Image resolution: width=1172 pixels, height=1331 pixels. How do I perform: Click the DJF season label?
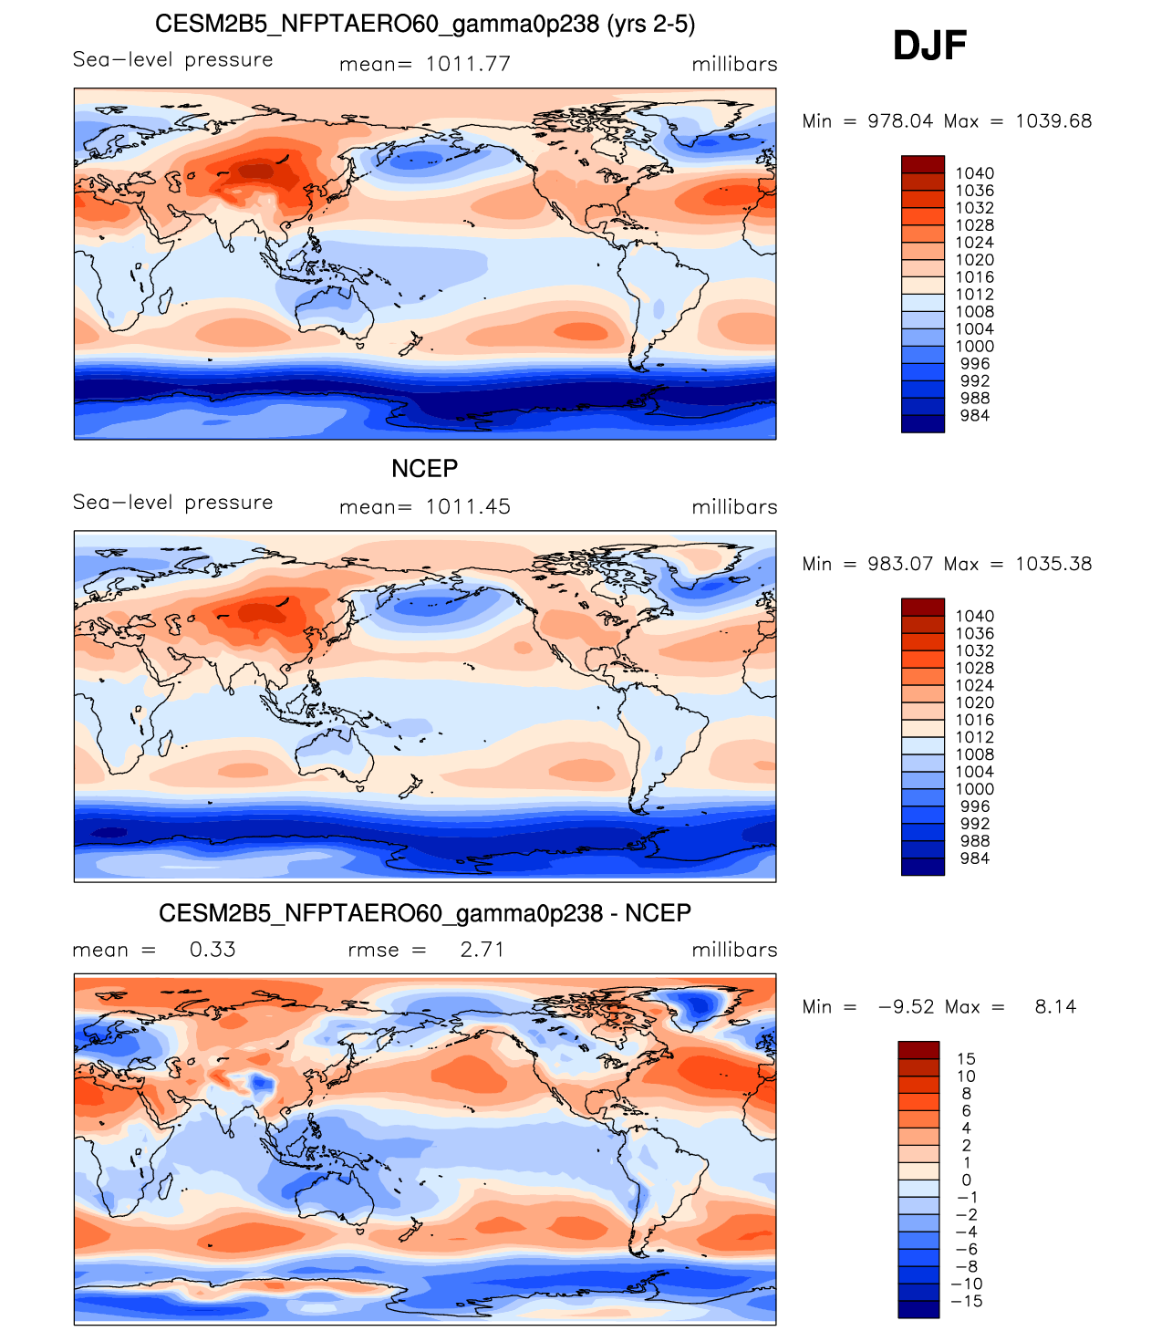coord(929,46)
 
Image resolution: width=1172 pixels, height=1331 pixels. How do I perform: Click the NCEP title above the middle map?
coord(425,469)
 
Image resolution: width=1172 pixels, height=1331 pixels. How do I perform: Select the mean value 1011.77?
coord(468,64)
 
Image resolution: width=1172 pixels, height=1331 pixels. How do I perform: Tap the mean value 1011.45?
coord(468,507)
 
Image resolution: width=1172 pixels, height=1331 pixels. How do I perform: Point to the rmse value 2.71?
coord(482,950)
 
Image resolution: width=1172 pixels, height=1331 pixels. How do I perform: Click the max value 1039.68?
coord(1053,121)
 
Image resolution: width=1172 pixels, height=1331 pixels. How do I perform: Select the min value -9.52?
coord(906,1007)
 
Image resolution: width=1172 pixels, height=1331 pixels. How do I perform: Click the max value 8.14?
coord(1055,1007)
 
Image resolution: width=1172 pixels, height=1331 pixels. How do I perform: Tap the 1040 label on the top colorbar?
coord(974,173)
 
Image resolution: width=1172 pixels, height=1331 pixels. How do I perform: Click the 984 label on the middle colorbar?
coord(974,858)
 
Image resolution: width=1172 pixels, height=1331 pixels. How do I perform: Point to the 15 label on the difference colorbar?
coord(966,1059)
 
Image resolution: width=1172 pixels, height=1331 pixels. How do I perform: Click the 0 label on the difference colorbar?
coord(966,1180)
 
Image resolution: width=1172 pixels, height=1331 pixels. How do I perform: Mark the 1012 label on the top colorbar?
coord(974,295)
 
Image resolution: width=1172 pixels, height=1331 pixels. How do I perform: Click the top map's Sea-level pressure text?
coord(173,60)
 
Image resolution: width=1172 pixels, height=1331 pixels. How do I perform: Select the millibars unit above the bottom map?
coord(734,950)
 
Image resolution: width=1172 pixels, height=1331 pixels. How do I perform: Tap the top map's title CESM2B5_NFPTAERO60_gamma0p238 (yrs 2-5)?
coord(425,25)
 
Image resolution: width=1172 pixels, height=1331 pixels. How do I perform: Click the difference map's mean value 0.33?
coord(213,950)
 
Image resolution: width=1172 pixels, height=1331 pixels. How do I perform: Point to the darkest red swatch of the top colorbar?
coord(922,164)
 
